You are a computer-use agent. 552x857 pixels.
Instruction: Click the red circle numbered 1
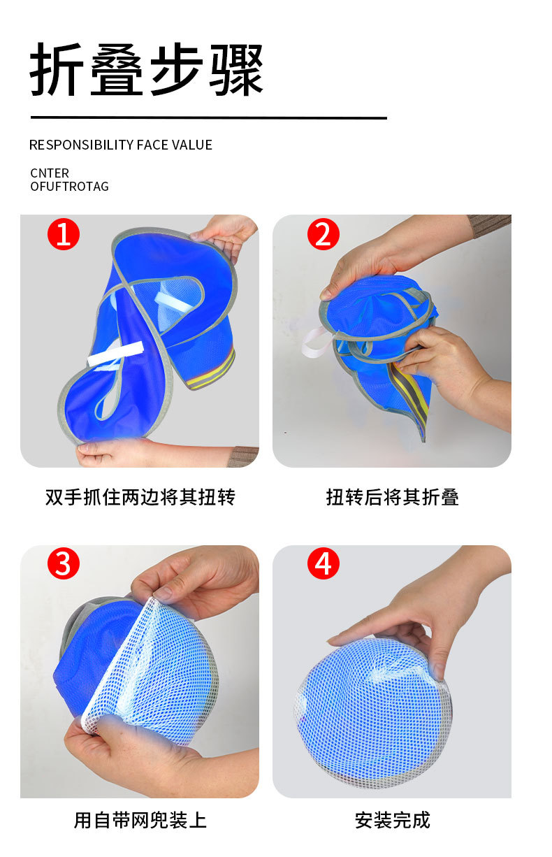click(x=63, y=234)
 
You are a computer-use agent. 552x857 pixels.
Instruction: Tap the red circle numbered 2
click(x=324, y=234)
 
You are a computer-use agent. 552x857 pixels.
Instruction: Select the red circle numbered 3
click(x=63, y=563)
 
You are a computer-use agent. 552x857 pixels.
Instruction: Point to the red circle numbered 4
click(x=324, y=563)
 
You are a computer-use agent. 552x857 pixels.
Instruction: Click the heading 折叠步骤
click(x=147, y=69)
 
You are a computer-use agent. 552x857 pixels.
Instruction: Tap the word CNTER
click(x=50, y=173)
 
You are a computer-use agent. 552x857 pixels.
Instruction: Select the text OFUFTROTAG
click(x=70, y=187)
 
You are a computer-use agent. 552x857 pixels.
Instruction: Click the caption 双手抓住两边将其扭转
click(x=140, y=498)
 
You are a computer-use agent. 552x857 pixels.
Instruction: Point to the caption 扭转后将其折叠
click(x=392, y=498)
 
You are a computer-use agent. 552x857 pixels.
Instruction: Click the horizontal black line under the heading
click(x=209, y=118)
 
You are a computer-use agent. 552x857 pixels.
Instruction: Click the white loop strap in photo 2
click(x=316, y=343)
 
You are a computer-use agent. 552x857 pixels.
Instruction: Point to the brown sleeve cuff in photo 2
click(x=491, y=225)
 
